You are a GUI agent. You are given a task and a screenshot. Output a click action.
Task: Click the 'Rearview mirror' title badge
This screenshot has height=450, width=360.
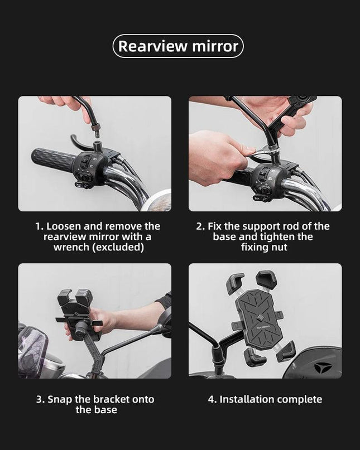[x=178, y=46]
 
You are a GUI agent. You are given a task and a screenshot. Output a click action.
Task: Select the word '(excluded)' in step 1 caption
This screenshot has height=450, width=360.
[x=118, y=247]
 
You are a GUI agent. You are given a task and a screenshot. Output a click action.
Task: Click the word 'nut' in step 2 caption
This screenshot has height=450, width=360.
[x=279, y=247]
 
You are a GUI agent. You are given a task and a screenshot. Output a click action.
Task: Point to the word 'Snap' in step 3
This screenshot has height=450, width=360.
[x=60, y=399]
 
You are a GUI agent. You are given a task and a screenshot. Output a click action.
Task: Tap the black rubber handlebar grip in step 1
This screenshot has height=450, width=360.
[x=54, y=159]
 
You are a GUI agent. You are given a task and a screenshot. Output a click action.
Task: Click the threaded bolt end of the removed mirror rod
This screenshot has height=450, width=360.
[x=95, y=130]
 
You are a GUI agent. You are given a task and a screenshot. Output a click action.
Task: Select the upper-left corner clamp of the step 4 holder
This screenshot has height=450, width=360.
[x=235, y=283]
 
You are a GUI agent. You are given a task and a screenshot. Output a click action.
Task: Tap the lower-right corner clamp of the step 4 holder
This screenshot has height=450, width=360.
[x=286, y=351]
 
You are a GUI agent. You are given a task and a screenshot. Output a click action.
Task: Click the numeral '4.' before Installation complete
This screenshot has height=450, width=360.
[x=212, y=399]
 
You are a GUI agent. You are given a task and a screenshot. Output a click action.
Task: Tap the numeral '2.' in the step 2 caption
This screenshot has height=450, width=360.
[x=200, y=226]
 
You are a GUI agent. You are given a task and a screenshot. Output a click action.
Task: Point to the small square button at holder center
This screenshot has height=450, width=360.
[x=261, y=317]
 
